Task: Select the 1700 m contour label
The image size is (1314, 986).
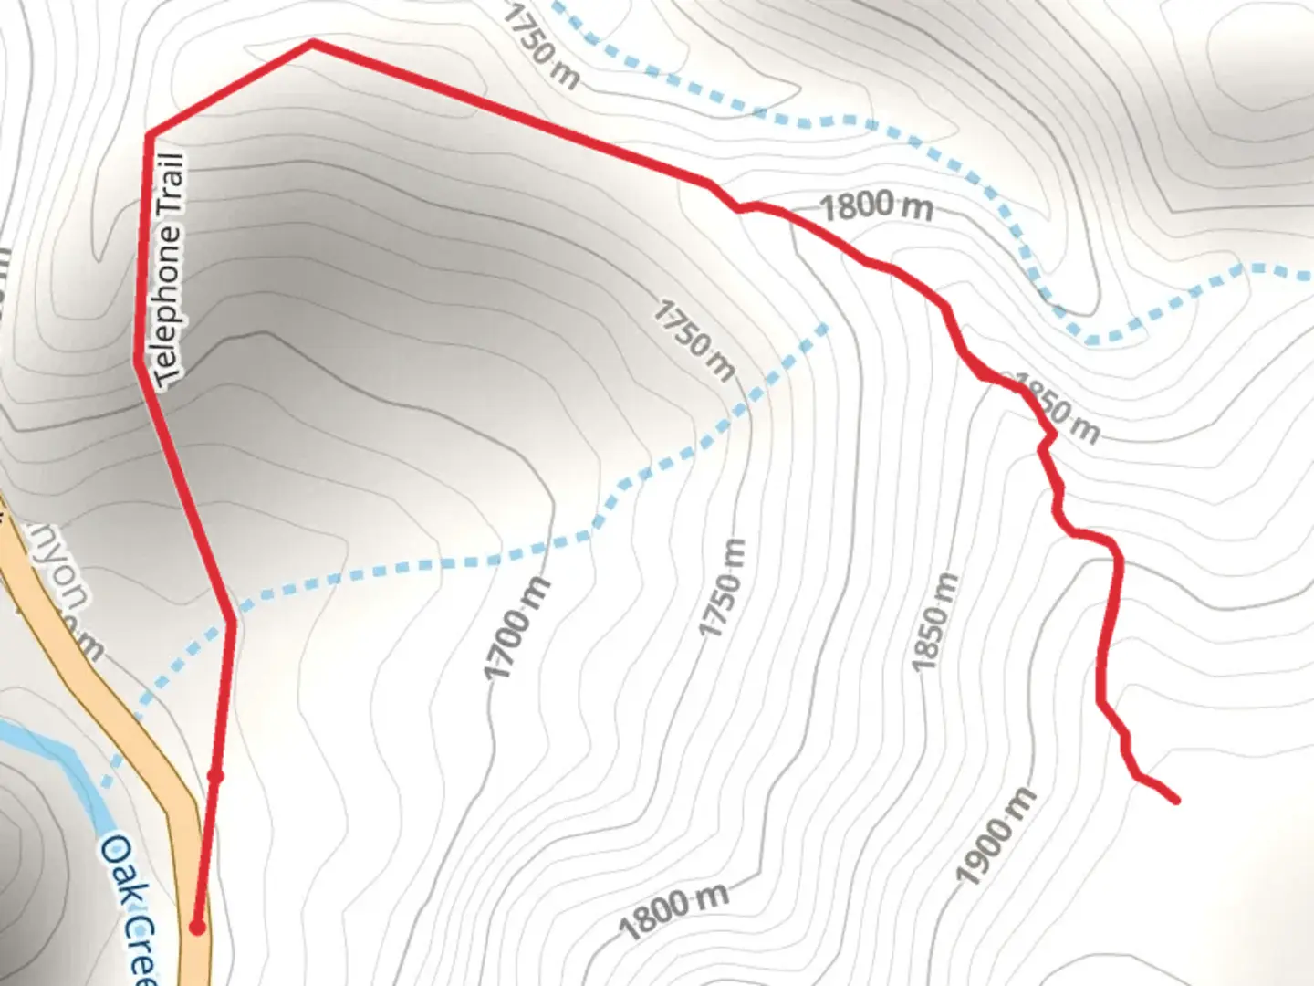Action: click(517, 628)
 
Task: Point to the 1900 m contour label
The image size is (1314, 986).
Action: click(996, 835)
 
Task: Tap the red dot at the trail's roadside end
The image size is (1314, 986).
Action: click(197, 928)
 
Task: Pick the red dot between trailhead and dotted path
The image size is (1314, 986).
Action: click(215, 777)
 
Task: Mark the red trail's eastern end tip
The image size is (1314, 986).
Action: click(1176, 801)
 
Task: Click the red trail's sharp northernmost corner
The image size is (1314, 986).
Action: click(312, 42)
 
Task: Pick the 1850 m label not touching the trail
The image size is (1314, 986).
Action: click(935, 621)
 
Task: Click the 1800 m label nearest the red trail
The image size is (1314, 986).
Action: click(876, 205)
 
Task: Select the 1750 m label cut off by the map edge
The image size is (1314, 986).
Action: click(540, 47)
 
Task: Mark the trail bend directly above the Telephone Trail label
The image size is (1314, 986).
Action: click(148, 136)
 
